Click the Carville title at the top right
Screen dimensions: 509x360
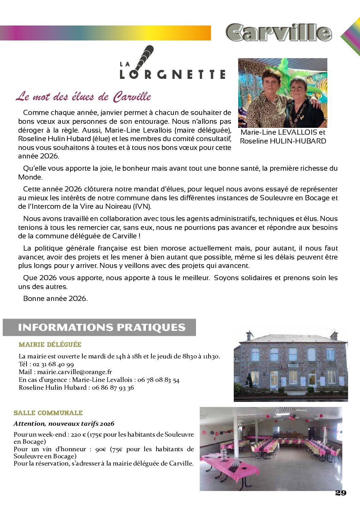coord(278,33)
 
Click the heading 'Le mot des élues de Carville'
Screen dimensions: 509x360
coord(83,97)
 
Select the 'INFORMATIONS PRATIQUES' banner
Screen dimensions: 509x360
coord(101,327)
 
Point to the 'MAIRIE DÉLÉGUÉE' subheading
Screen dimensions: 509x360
coord(50,344)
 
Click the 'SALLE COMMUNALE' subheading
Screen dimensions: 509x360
coord(48,413)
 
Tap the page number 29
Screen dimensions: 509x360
coord(341,493)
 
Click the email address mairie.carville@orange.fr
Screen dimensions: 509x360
coord(75,372)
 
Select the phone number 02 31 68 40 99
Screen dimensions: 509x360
coord(53,364)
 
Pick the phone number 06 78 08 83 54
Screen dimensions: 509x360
coord(158,380)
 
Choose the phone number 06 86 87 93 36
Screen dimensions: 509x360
coord(113,388)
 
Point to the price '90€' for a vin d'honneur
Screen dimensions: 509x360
coord(101,449)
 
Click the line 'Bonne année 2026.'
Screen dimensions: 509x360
coord(55,299)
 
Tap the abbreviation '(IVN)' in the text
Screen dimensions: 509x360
coord(142,206)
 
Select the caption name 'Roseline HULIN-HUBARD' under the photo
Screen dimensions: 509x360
coord(283,141)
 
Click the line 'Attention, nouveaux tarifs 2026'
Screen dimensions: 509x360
coord(64,424)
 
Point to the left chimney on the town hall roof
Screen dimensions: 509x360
coord(250,335)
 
